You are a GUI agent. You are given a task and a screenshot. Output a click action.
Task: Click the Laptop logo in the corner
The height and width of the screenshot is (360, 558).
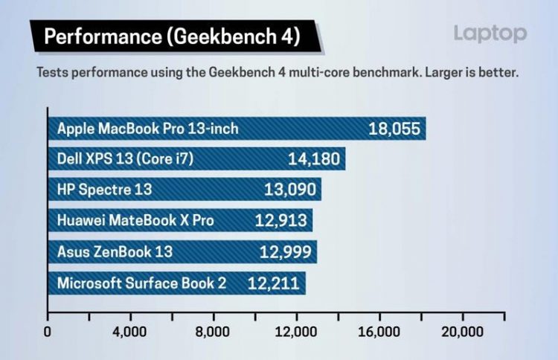click(490, 33)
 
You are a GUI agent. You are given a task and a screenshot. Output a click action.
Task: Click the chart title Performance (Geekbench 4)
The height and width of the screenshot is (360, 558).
click(172, 36)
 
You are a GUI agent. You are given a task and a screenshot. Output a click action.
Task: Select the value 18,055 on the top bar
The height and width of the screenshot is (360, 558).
click(395, 129)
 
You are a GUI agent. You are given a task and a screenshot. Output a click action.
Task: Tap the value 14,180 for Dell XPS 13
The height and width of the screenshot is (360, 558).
click(313, 158)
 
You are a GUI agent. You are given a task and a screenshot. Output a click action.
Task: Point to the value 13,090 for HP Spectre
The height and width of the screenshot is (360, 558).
click(290, 190)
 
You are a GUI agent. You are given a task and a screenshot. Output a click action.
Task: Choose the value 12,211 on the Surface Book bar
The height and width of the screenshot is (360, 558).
click(275, 283)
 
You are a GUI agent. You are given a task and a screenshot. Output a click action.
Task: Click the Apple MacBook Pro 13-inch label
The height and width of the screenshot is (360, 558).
click(148, 129)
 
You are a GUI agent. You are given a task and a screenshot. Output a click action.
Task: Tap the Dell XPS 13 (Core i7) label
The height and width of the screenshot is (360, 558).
click(125, 158)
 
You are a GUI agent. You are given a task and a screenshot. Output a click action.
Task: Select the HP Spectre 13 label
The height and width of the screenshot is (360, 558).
click(104, 190)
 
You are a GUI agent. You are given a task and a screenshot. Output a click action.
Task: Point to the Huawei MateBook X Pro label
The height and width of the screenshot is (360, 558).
click(135, 220)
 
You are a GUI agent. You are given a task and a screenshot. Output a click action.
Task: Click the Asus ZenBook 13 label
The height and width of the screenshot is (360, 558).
click(115, 251)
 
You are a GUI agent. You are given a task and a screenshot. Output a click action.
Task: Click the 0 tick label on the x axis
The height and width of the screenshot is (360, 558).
click(48, 332)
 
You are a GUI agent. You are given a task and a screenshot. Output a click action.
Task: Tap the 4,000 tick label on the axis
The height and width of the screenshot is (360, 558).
click(131, 332)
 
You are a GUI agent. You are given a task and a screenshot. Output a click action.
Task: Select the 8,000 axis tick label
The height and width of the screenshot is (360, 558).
click(214, 332)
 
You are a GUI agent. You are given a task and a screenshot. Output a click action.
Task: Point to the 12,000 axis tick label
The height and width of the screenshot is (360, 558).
click(297, 332)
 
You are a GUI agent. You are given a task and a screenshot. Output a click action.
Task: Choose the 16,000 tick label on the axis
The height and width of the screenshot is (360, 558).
click(379, 332)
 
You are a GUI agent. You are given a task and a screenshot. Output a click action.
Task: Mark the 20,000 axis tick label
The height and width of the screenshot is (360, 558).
click(463, 332)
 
